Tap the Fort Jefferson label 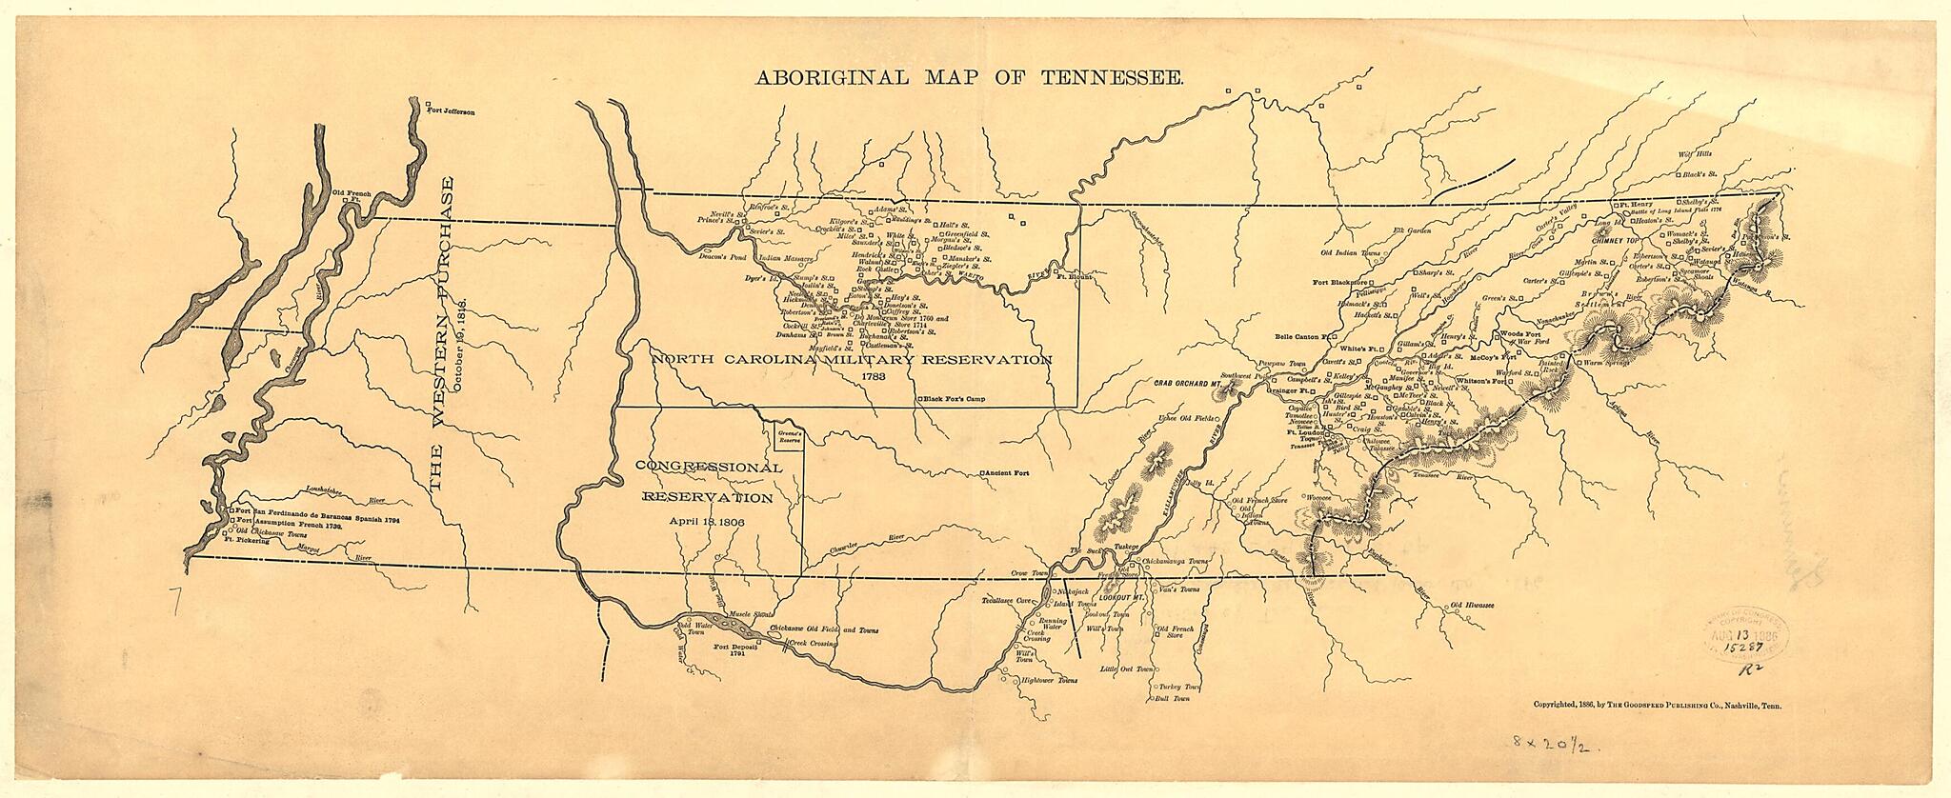[x=452, y=111]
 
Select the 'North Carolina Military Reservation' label [x=853, y=360]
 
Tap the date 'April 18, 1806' [x=706, y=522]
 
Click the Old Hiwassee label [x=1471, y=606]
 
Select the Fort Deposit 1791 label [x=734, y=651]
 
